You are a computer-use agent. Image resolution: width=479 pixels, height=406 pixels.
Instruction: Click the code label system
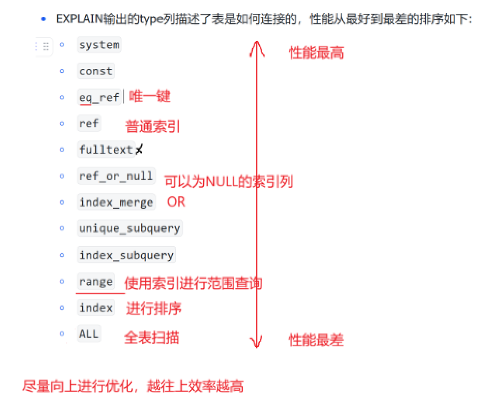click(99, 45)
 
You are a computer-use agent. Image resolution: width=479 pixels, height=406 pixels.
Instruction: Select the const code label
click(95, 71)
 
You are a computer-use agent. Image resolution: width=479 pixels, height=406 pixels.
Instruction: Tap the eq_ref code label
click(99, 97)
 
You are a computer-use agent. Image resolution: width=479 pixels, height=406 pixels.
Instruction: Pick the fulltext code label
click(106, 150)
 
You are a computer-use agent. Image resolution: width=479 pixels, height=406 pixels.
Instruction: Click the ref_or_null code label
click(116, 176)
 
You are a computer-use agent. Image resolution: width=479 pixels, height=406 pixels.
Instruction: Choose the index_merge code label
click(116, 202)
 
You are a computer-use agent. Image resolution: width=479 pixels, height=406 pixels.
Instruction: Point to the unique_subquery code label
click(129, 228)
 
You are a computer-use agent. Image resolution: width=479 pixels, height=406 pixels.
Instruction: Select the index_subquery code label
click(126, 255)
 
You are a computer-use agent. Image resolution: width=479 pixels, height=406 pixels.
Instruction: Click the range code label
click(95, 282)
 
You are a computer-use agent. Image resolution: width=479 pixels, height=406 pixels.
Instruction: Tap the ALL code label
click(89, 334)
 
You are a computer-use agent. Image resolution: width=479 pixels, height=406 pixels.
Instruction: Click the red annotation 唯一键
click(150, 96)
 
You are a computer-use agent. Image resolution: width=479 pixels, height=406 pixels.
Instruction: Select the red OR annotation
click(176, 202)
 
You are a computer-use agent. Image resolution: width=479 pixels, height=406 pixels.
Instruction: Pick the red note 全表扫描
click(152, 338)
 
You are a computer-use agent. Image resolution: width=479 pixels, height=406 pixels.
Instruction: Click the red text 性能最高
click(316, 53)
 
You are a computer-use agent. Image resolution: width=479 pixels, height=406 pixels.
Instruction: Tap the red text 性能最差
click(316, 340)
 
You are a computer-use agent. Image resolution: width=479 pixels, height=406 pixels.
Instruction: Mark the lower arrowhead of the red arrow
click(255, 343)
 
